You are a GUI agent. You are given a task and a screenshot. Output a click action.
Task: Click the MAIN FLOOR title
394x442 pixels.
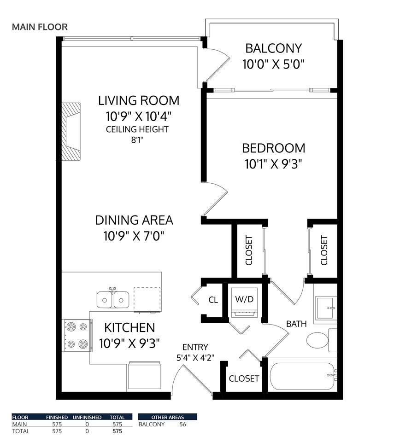point(40,27)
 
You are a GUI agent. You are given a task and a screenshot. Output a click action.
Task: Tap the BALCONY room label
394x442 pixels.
point(273,48)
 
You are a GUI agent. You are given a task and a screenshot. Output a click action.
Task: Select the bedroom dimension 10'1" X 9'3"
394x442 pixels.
point(273,164)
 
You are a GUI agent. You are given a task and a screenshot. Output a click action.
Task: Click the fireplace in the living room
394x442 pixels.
point(71,131)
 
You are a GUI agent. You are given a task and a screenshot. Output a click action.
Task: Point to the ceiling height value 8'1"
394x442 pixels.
point(137,141)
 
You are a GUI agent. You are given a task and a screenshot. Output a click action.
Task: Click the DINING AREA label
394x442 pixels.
point(134,220)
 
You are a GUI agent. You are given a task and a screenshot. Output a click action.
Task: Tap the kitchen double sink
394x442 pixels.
point(112,299)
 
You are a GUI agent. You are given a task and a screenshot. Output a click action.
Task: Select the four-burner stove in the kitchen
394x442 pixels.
point(76,335)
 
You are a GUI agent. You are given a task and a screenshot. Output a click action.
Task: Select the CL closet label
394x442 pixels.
point(213,300)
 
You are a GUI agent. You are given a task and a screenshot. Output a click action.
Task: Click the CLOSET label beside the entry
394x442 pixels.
point(244,378)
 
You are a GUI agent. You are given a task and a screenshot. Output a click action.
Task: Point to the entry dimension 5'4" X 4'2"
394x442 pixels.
point(195,357)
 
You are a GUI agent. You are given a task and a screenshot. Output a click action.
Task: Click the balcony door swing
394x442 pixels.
point(217,64)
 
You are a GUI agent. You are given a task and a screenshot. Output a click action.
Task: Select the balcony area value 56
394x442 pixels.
point(182,424)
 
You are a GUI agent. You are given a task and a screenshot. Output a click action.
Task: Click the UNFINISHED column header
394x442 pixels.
point(87,417)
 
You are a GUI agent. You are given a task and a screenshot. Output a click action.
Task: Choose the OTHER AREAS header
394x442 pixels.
point(168,417)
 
